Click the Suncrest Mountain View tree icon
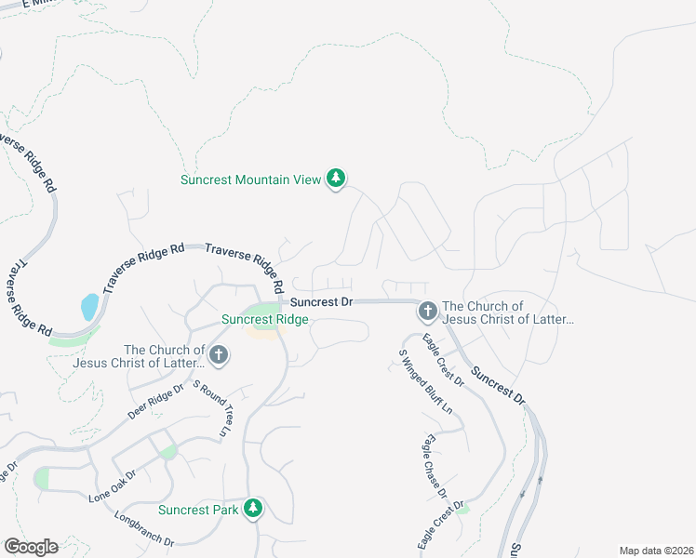pos(336,179)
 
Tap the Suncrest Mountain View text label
pos(250,179)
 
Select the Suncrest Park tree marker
pos(252,509)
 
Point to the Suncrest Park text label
pos(197,510)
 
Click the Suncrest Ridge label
pos(264,319)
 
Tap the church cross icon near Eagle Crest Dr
pos(427,311)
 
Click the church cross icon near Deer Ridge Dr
pos(219,353)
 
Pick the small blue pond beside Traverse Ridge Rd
pos(89,306)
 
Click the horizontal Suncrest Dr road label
pos(321,302)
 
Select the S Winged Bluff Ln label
pos(424,381)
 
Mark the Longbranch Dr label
pos(144,527)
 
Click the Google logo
pos(31,547)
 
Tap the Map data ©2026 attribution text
pos(655,551)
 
